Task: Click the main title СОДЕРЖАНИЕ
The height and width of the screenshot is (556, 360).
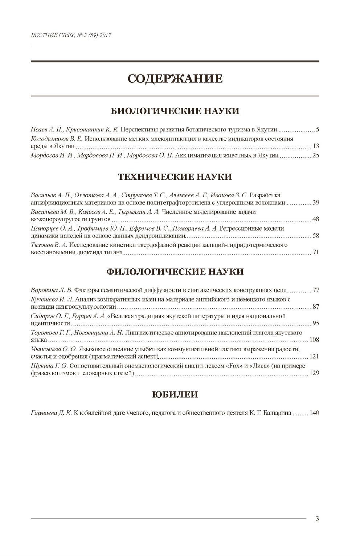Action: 175,78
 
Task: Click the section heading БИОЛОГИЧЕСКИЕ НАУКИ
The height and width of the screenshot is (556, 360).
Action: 175,111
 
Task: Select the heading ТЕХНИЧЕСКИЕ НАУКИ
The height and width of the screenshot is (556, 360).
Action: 175,177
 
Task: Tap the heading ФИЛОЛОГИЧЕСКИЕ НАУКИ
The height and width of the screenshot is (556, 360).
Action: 175,272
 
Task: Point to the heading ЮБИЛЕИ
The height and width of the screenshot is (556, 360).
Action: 175,394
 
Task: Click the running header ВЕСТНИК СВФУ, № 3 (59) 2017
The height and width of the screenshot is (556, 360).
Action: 71,36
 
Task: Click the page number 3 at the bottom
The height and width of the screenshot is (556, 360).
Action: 317,519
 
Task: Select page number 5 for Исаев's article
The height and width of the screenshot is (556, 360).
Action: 317,129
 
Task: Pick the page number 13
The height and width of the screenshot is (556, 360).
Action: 315,146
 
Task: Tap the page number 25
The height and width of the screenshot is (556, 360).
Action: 315,155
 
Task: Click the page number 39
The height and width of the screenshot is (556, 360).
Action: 315,203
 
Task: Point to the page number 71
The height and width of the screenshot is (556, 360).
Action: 315,252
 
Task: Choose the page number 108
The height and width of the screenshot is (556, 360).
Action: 314,340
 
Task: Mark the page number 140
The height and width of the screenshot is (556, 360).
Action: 314,413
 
